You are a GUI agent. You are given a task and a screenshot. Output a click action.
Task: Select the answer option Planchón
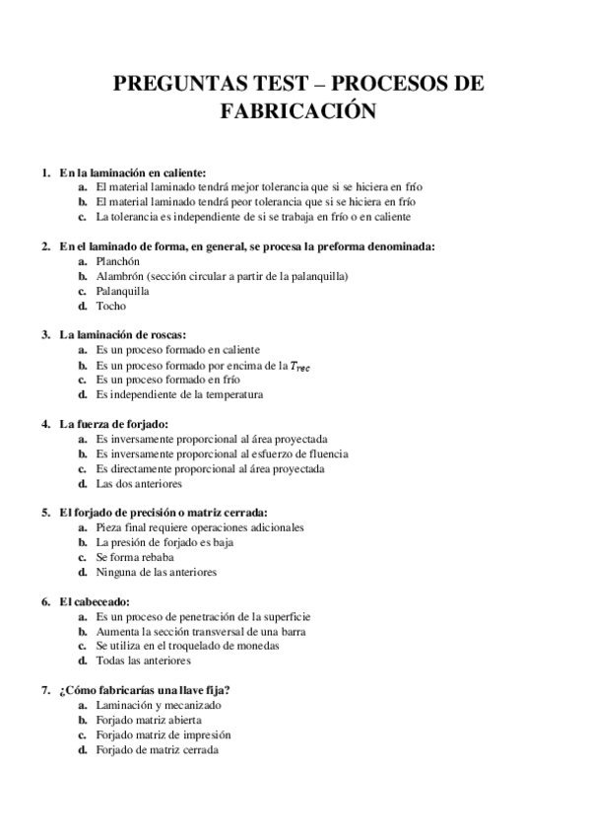[119, 261]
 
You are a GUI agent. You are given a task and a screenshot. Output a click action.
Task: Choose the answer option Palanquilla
[122, 291]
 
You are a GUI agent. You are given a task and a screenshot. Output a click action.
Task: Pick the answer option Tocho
[110, 306]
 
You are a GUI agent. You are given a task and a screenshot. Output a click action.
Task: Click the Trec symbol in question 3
[297, 366]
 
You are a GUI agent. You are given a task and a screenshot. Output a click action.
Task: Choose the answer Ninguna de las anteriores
[156, 572]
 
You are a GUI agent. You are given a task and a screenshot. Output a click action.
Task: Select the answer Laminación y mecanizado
[158, 705]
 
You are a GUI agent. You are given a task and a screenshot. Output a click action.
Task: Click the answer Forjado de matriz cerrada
[157, 749]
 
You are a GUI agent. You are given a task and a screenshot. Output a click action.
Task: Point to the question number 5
[45, 513]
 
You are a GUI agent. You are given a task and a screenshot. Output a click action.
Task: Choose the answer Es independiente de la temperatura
[181, 394]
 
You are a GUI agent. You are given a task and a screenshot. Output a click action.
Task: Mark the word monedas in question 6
[259, 646]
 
